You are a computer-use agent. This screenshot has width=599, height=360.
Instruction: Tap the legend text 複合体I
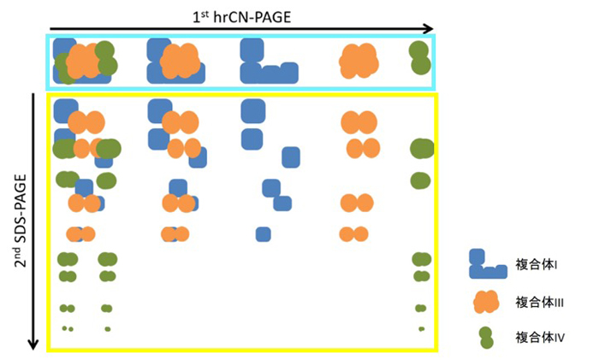coord(537,266)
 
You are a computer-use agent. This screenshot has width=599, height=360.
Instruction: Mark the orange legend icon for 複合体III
coord(485,301)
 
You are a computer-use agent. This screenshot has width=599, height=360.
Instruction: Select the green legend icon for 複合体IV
coord(485,337)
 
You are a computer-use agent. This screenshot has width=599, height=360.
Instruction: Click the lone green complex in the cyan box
coord(419,57)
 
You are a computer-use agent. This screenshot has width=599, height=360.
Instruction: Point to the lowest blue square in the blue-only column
coord(263,234)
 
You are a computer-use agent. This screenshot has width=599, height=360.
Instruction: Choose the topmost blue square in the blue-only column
coord(252,110)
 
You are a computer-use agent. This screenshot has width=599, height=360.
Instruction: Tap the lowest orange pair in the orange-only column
coord(353,234)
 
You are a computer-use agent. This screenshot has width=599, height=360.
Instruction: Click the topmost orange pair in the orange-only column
coord(359,122)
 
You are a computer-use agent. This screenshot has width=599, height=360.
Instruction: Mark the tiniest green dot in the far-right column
coord(421,328)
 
